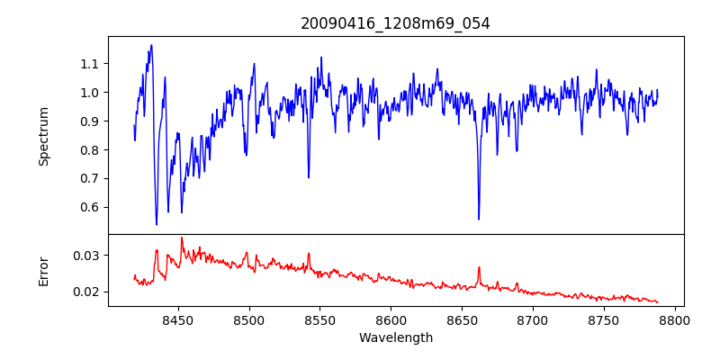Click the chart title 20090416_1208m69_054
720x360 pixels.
[395, 23]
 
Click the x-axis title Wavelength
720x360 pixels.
[395, 338]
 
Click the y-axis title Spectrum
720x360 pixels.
[43, 136]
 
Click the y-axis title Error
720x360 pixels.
[43, 270]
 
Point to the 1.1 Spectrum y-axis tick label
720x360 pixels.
[90, 64]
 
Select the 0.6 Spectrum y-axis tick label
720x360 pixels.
[90, 207]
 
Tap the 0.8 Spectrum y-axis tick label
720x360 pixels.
[90, 149]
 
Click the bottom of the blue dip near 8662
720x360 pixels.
[479, 219]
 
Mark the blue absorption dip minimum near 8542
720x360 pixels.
[309, 177]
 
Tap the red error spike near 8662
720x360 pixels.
[479, 267]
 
